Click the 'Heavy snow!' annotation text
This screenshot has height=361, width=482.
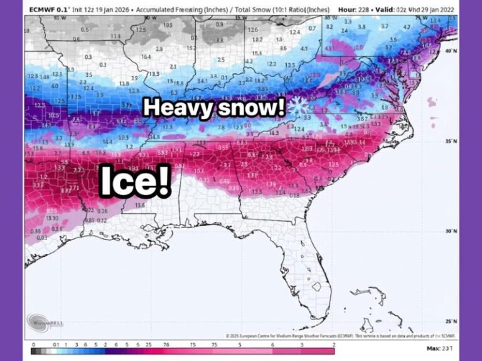(x=218, y=107)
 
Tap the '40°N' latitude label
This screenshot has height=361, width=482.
(x=451, y=52)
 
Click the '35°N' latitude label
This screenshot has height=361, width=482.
(x=451, y=142)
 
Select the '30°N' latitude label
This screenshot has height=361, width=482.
(x=451, y=231)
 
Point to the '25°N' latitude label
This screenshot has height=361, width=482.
(x=451, y=321)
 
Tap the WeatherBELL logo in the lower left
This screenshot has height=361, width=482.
(x=44, y=324)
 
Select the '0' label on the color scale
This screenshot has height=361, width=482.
(x=33, y=344)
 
